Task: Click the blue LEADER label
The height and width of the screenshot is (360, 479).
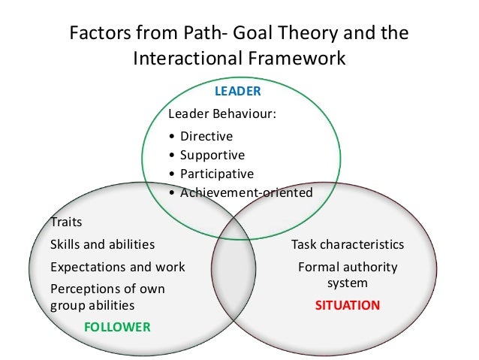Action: tap(237, 91)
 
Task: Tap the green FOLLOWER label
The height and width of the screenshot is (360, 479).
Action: tap(118, 327)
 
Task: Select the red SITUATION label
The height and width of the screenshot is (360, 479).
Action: tap(347, 306)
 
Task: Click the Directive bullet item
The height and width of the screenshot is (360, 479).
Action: tap(206, 136)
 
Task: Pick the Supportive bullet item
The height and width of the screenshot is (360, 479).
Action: tap(212, 155)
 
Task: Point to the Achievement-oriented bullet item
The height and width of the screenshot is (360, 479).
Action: tap(246, 192)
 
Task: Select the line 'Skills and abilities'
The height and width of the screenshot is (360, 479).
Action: tap(102, 244)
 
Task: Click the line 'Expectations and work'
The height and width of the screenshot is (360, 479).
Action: tap(117, 267)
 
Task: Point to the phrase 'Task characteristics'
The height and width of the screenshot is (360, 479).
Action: tap(348, 244)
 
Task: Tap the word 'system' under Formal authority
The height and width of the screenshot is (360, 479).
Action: tap(348, 283)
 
